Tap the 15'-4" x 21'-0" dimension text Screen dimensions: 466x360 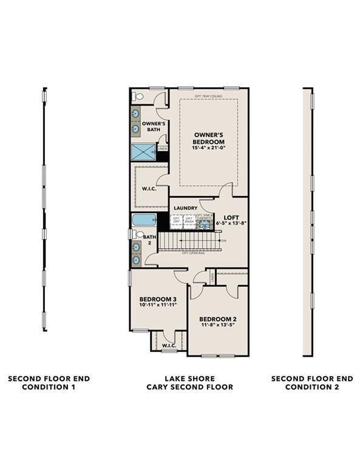(208, 147)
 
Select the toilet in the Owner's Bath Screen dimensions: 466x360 (137, 96)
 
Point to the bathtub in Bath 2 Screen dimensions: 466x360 (143, 220)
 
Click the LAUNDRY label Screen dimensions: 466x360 (185, 208)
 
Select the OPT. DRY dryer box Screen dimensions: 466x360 (177, 221)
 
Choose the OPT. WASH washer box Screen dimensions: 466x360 (189, 221)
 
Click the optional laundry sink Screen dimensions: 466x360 (205, 223)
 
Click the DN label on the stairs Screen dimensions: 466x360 (223, 241)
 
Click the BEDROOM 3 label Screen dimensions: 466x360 (158, 299)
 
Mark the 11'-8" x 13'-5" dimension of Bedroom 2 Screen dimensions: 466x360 (218, 325)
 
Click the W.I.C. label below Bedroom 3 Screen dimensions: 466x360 (168, 345)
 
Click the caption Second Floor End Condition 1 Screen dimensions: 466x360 (49, 382)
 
